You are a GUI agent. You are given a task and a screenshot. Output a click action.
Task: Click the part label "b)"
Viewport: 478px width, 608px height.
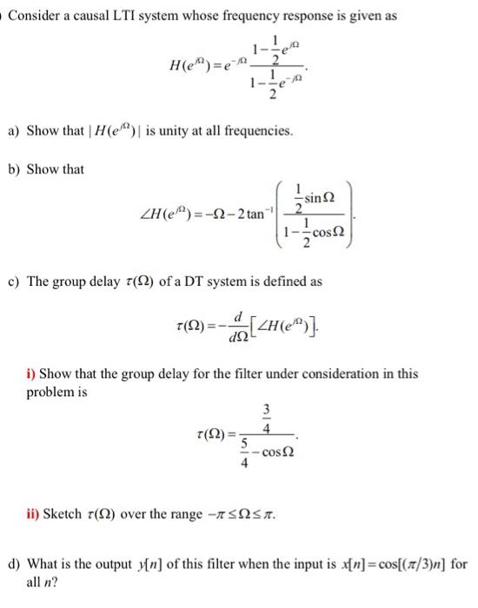pos(14,169)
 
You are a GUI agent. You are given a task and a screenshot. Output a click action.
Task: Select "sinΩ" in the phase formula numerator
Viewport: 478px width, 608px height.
pos(310,199)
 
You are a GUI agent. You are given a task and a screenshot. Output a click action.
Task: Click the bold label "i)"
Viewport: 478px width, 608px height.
pos(31,374)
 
